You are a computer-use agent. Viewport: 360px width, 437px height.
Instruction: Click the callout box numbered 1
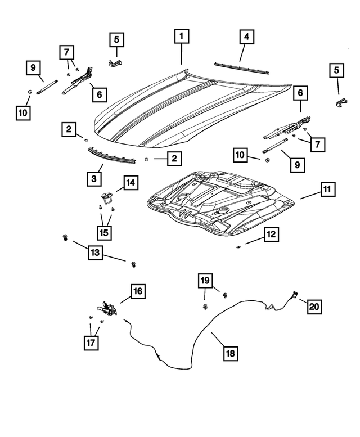click(181, 37)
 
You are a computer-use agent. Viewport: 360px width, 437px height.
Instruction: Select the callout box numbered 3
click(94, 179)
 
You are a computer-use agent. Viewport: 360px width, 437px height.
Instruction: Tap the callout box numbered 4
click(246, 37)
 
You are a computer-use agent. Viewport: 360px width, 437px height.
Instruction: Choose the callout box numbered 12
click(271, 235)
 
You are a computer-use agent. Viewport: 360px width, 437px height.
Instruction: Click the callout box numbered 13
click(95, 254)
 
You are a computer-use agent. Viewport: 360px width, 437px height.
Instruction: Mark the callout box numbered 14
click(130, 183)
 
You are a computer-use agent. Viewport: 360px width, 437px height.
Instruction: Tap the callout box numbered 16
click(138, 291)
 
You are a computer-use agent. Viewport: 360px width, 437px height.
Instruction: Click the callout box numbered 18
click(230, 353)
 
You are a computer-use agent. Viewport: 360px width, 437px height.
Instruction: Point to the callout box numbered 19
click(205, 280)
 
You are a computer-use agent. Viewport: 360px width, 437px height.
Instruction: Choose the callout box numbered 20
click(314, 307)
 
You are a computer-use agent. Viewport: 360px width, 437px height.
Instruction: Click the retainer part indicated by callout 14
click(106, 197)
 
